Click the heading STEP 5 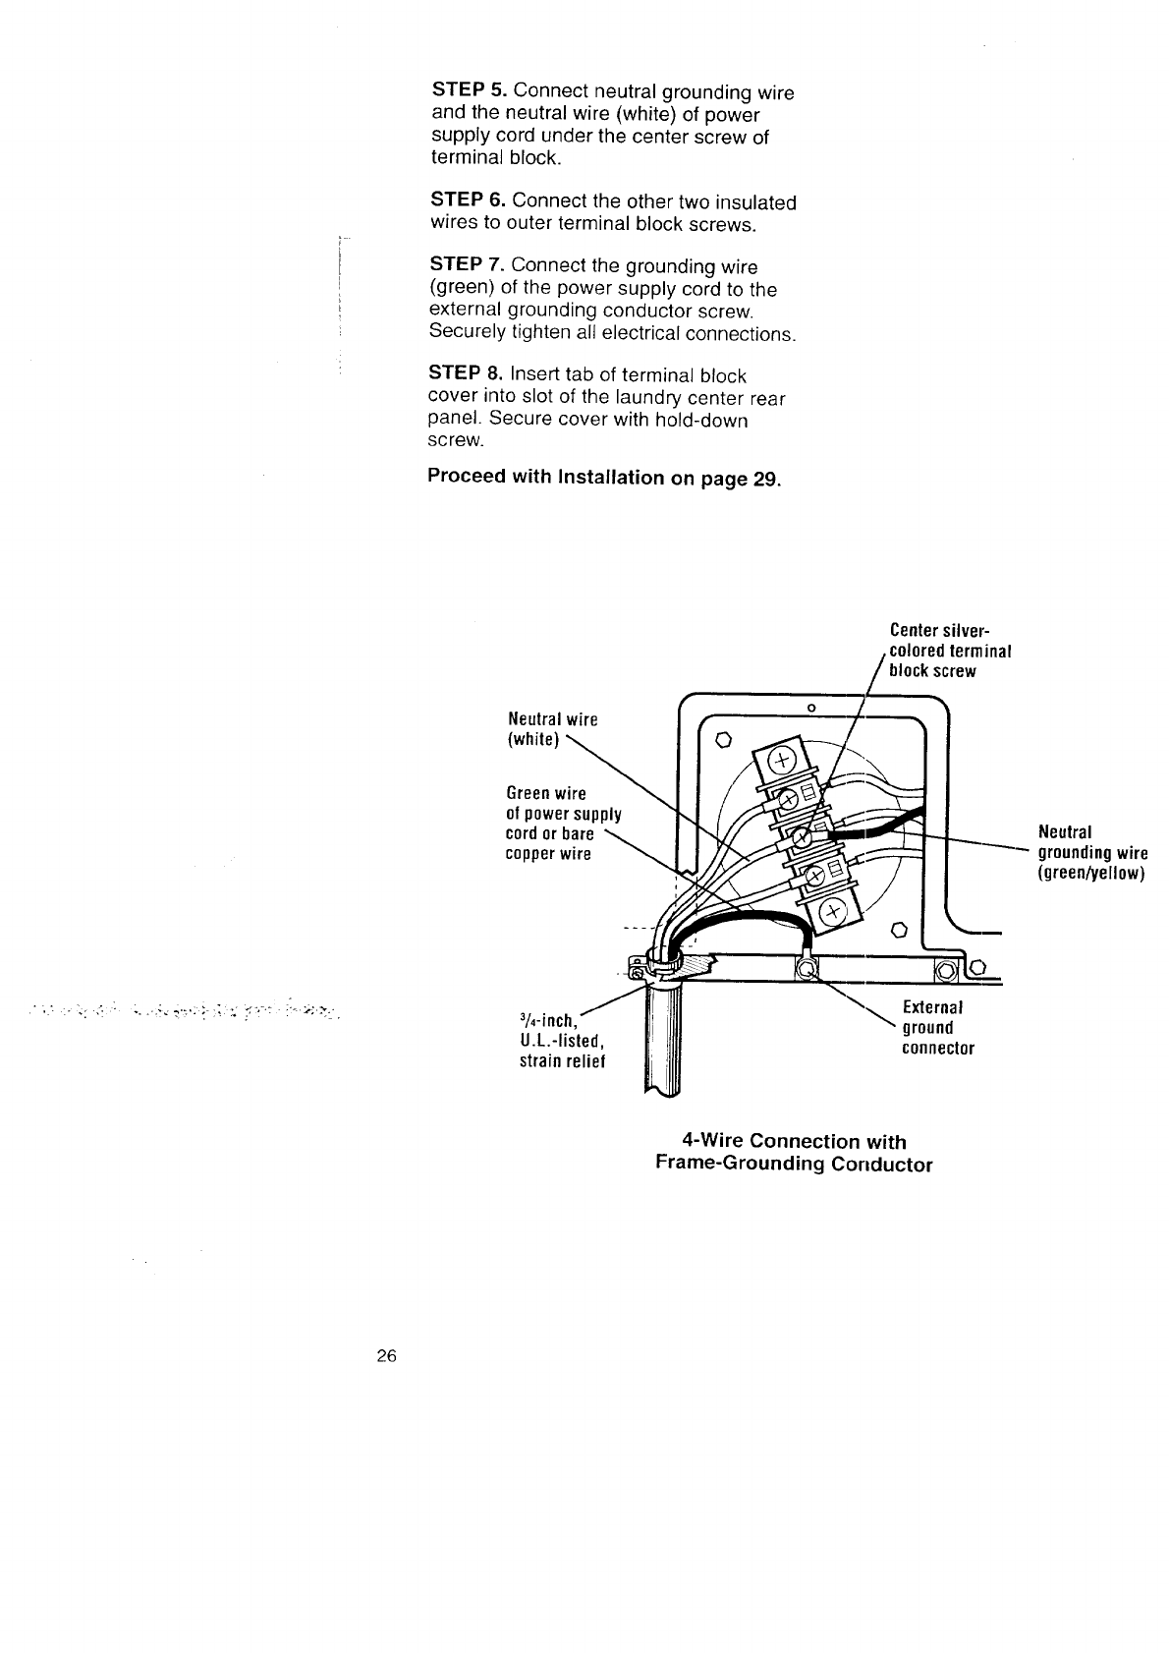469,92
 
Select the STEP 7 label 468,265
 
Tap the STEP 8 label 468,375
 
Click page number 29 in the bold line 765,479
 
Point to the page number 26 385,1357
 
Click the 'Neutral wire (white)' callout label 551,729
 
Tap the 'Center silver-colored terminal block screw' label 949,651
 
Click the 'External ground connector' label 937,1028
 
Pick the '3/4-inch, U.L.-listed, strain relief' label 561,1041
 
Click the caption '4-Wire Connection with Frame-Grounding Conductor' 793,1153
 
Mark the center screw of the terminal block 802,837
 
